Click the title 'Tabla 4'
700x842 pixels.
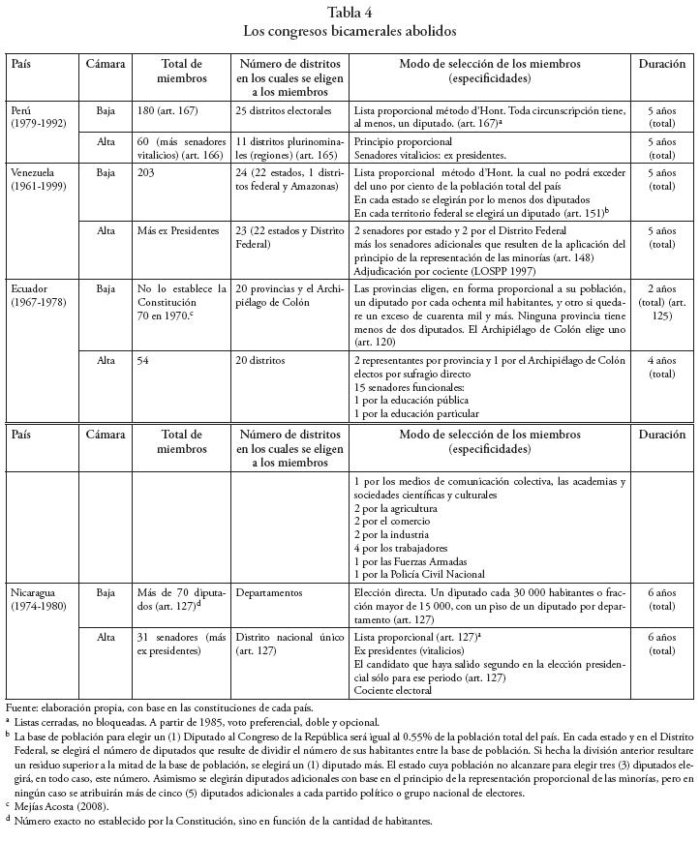point(350,13)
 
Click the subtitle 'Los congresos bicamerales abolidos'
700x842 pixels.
point(350,31)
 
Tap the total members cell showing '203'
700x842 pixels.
point(148,172)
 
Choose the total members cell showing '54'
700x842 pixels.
point(145,359)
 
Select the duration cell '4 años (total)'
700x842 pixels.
point(662,366)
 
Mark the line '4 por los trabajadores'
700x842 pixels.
point(407,548)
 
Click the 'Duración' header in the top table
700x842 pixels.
point(662,64)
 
